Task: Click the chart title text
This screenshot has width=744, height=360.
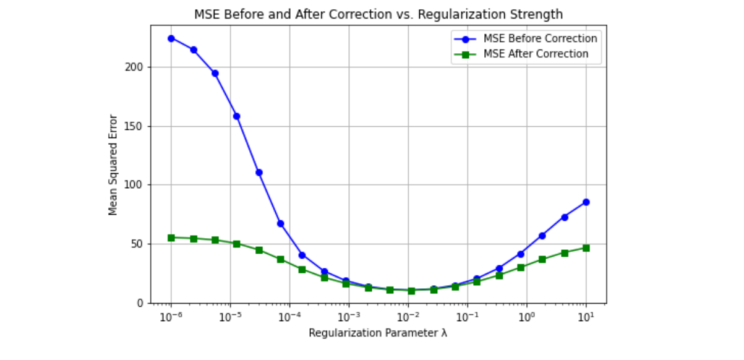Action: pyautogui.click(x=378, y=14)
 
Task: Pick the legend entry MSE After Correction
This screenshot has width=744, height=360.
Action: pyautogui.click(x=531, y=54)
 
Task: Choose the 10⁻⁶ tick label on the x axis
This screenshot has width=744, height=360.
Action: pyautogui.click(x=171, y=316)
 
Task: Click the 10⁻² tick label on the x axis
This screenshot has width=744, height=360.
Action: pyautogui.click(x=408, y=316)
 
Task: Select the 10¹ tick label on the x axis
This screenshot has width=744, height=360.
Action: pyautogui.click(x=586, y=316)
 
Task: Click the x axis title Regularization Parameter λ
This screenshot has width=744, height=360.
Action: pyautogui.click(x=378, y=333)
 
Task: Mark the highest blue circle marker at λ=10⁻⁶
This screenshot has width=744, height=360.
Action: pyautogui.click(x=171, y=38)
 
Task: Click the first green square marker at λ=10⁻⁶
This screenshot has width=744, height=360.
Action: pyautogui.click(x=171, y=238)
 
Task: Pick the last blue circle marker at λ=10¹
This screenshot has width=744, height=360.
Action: pyautogui.click(x=586, y=202)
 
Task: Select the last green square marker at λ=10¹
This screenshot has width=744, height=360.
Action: pyautogui.click(x=586, y=248)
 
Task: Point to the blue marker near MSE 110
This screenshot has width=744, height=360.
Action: pyautogui.click(x=259, y=173)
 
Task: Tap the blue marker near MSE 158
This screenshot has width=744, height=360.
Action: pyautogui.click(x=236, y=116)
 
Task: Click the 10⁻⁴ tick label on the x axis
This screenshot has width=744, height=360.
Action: pyautogui.click(x=289, y=316)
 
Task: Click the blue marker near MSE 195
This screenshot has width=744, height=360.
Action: pyautogui.click(x=215, y=73)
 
